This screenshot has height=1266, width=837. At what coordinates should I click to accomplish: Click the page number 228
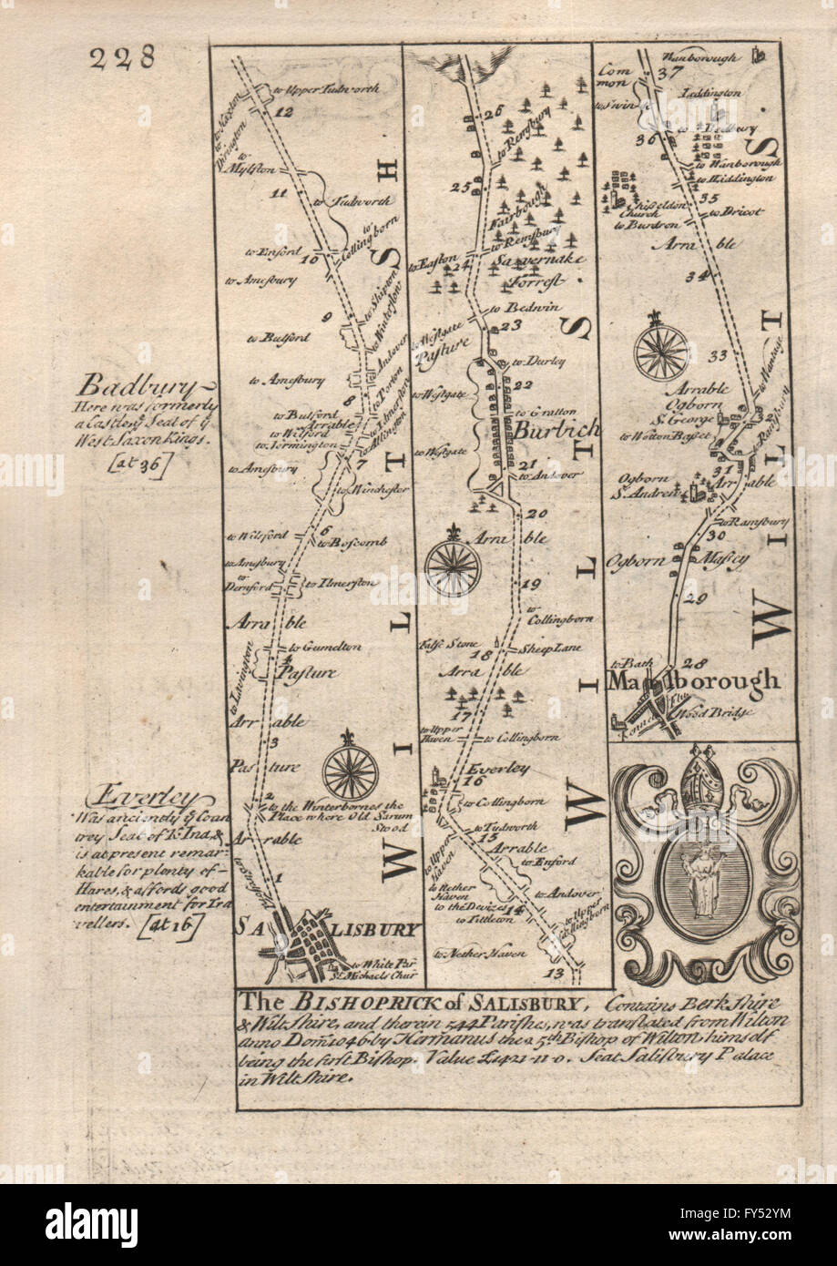pos(122,57)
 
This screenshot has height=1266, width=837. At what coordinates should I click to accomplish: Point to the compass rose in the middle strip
pos(453,561)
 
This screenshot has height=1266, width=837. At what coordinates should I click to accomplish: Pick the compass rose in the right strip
pos(661,351)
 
